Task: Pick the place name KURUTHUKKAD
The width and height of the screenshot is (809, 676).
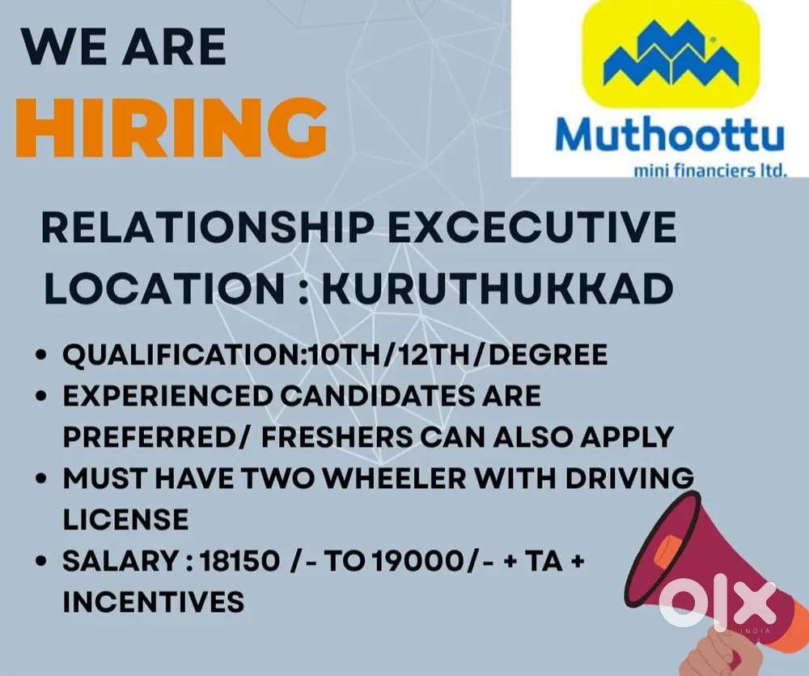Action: pos(497,288)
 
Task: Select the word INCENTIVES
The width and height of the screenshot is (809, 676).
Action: pos(153,602)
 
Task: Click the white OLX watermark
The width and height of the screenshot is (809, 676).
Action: pos(716,604)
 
